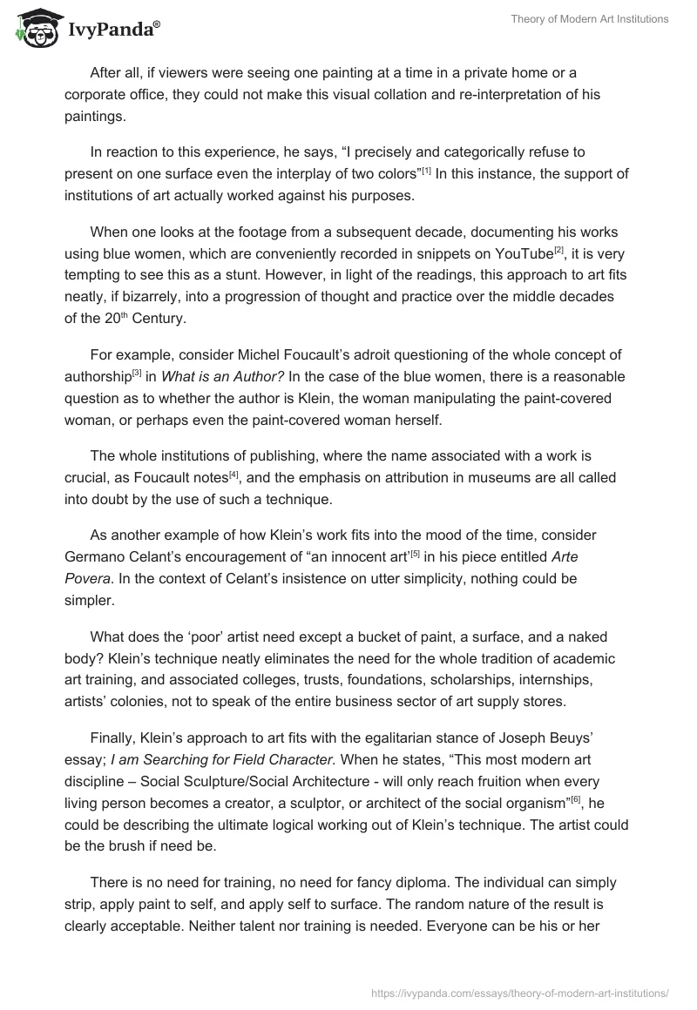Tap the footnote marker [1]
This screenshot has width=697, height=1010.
pyautogui.click(x=426, y=170)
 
